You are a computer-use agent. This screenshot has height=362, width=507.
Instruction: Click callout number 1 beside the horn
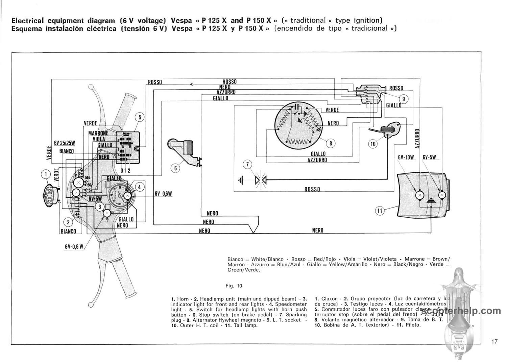[x=45, y=174]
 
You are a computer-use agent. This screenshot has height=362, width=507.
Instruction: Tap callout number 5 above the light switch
[x=140, y=117]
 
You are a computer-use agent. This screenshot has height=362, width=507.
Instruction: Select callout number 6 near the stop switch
[x=175, y=168]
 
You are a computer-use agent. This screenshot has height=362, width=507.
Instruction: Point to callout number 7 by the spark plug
[x=247, y=165]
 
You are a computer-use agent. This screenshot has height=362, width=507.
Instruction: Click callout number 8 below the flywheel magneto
[x=331, y=143]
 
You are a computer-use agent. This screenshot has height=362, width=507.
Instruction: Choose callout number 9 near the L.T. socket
[x=403, y=99]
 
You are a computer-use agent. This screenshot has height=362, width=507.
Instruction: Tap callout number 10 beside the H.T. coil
[x=373, y=144]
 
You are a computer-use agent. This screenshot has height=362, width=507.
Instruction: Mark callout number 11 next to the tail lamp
[x=380, y=211]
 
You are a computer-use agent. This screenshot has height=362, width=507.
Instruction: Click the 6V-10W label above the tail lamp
[x=406, y=157]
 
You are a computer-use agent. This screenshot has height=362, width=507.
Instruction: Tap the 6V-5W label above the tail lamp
[x=429, y=157]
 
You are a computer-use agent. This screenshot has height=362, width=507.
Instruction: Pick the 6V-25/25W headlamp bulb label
[x=64, y=143]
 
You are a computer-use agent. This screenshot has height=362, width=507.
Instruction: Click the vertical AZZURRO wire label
[x=417, y=138]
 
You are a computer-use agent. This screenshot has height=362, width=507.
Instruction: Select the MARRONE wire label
[x=98, y=133]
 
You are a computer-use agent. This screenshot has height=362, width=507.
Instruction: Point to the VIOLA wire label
[x=99, y=139]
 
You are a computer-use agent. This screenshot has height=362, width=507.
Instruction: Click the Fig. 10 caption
[x=234, y=286]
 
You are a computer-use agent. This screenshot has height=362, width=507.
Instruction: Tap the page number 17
[x=494, y=341]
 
